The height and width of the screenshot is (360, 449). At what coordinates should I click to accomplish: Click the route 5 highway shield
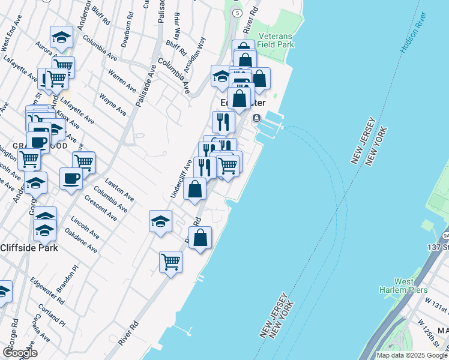[238, 13]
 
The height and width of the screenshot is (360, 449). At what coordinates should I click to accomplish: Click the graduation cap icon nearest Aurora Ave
[61, 38]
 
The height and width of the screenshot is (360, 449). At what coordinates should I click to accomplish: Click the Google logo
[20, 353]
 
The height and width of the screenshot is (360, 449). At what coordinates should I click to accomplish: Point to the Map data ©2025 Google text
[411, 355]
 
